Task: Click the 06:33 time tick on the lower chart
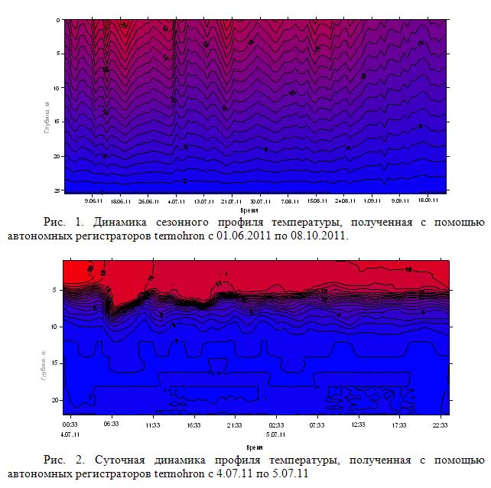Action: click(111, 422)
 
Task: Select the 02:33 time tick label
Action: click(275, 422)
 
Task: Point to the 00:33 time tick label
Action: click(70, 422)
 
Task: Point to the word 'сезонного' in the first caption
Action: click(194, 223)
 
